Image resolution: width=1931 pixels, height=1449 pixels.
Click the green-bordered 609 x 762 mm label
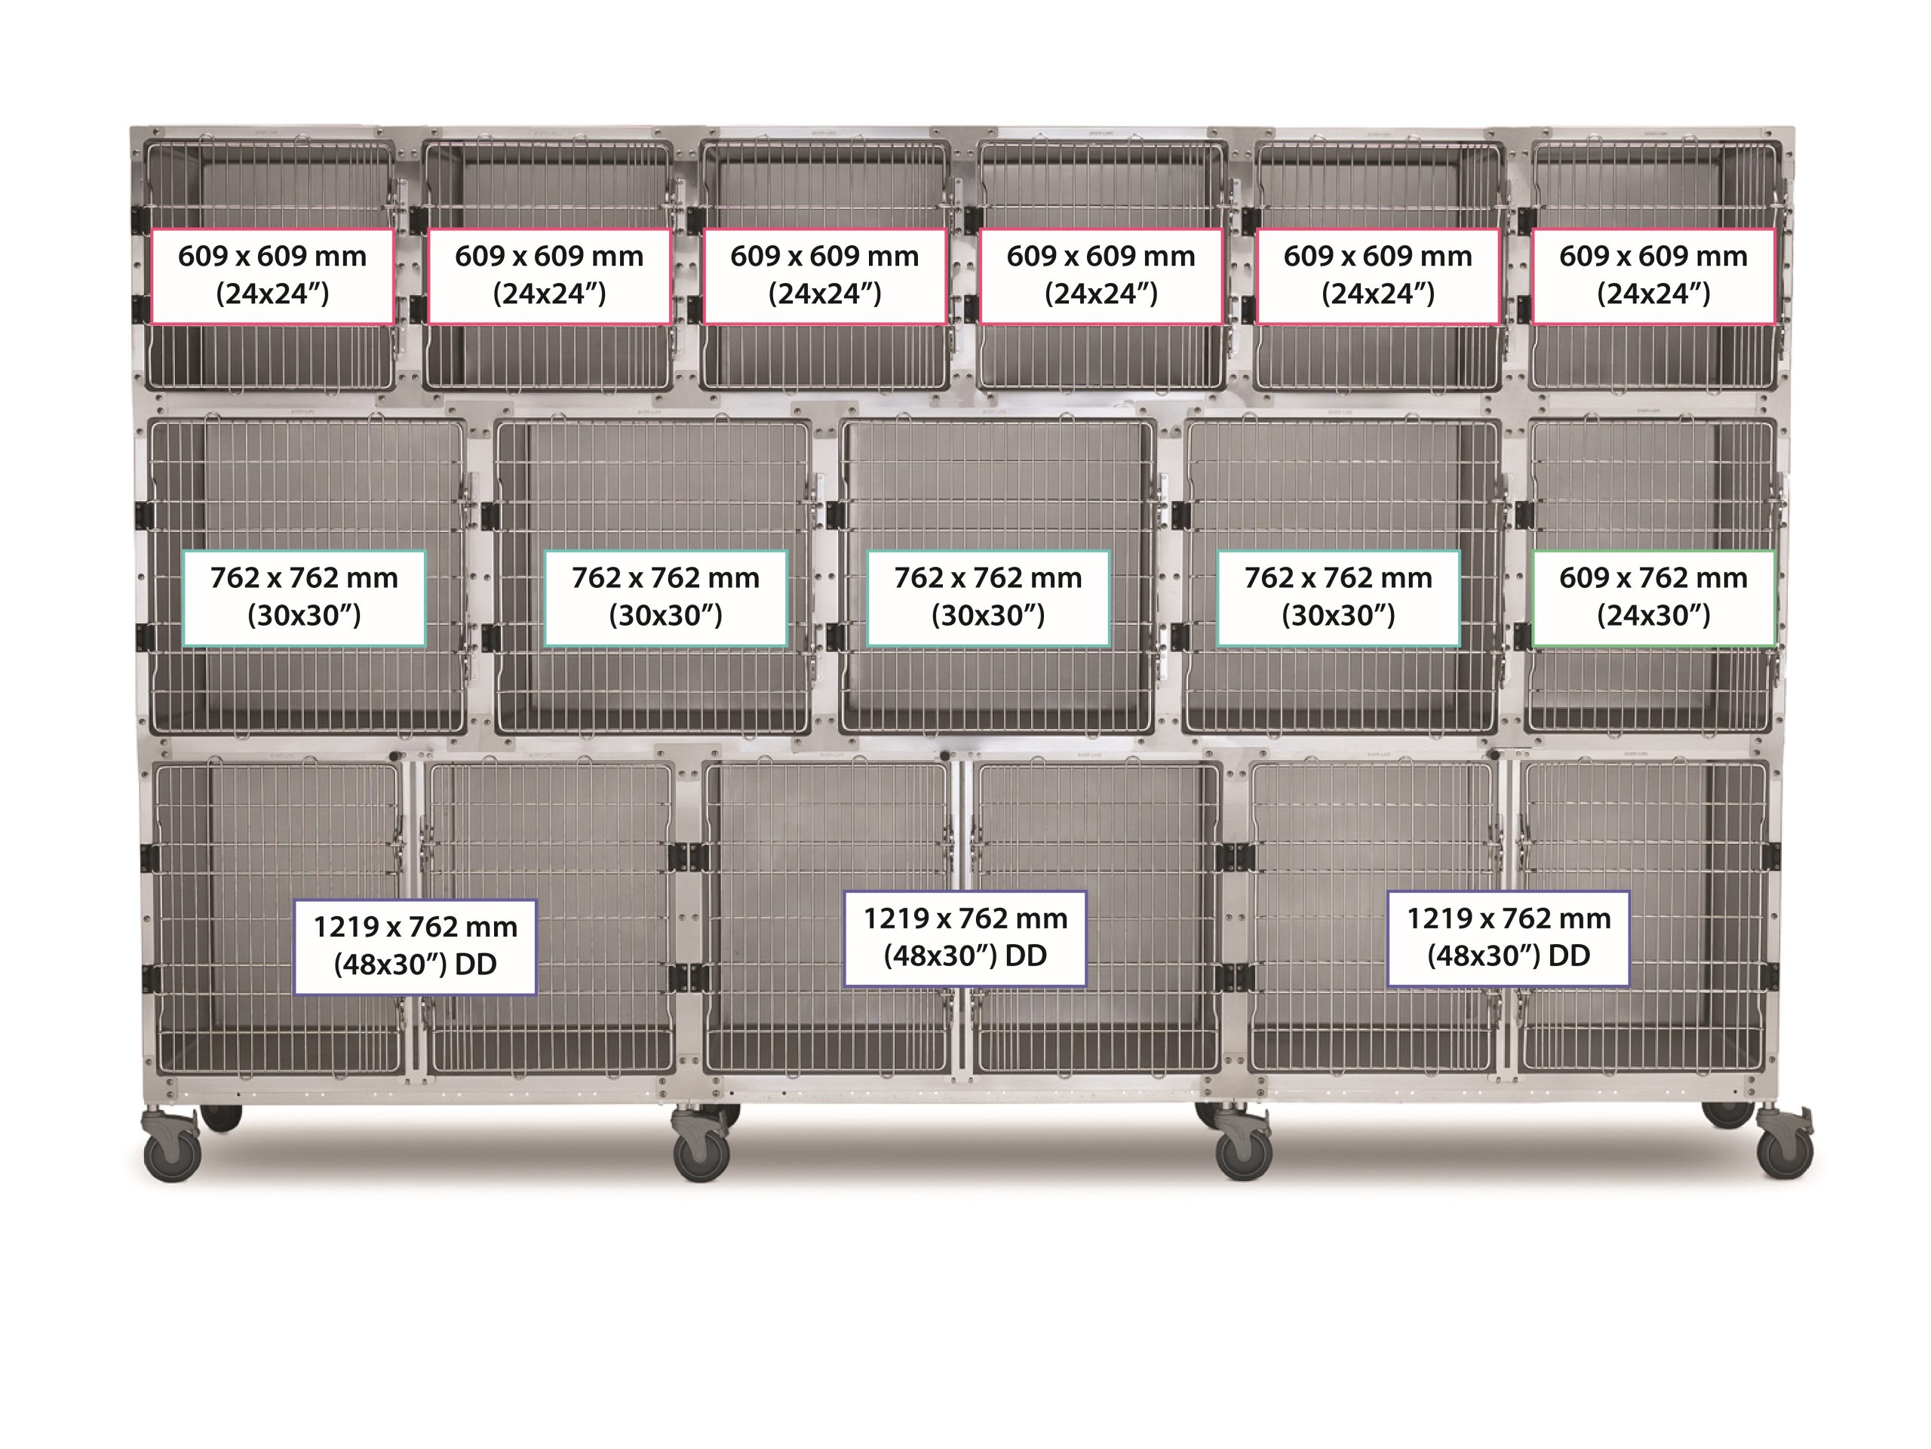pyautogui.click(x=1653, y=598)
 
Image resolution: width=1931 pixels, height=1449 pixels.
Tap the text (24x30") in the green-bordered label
pyautogui.click(x=1653, y=616)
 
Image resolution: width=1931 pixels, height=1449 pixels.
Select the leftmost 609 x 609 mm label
pyautogui.click(x=272, y=276)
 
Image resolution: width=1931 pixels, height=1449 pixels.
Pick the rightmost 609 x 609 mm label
pyautogui.click(x=1653, y=276)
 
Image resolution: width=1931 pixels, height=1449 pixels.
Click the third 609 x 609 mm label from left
pyautogui.click(x=825, y=276)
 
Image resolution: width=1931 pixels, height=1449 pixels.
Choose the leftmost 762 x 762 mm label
pyautogui.click(x=304, y=598)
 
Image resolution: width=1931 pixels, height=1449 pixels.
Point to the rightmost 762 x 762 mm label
pyautogui.click(x=1338, y=598)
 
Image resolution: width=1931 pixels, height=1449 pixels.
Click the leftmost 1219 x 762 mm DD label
pyautogui.click(x=416, y=947)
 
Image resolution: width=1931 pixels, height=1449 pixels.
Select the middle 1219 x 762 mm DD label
pyautogui.click(x=965, y=938)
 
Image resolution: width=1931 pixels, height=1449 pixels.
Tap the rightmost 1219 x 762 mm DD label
pyautogui.click(x=1509, y=938)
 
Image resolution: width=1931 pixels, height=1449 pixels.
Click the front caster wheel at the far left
pyautogui.click(x=172, y=1155)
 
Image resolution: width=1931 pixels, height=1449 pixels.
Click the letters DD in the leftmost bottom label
pyautogui.click(x=476, y=964)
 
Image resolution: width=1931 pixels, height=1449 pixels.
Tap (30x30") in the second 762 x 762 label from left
pyautogui.click(x=665, y=616)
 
